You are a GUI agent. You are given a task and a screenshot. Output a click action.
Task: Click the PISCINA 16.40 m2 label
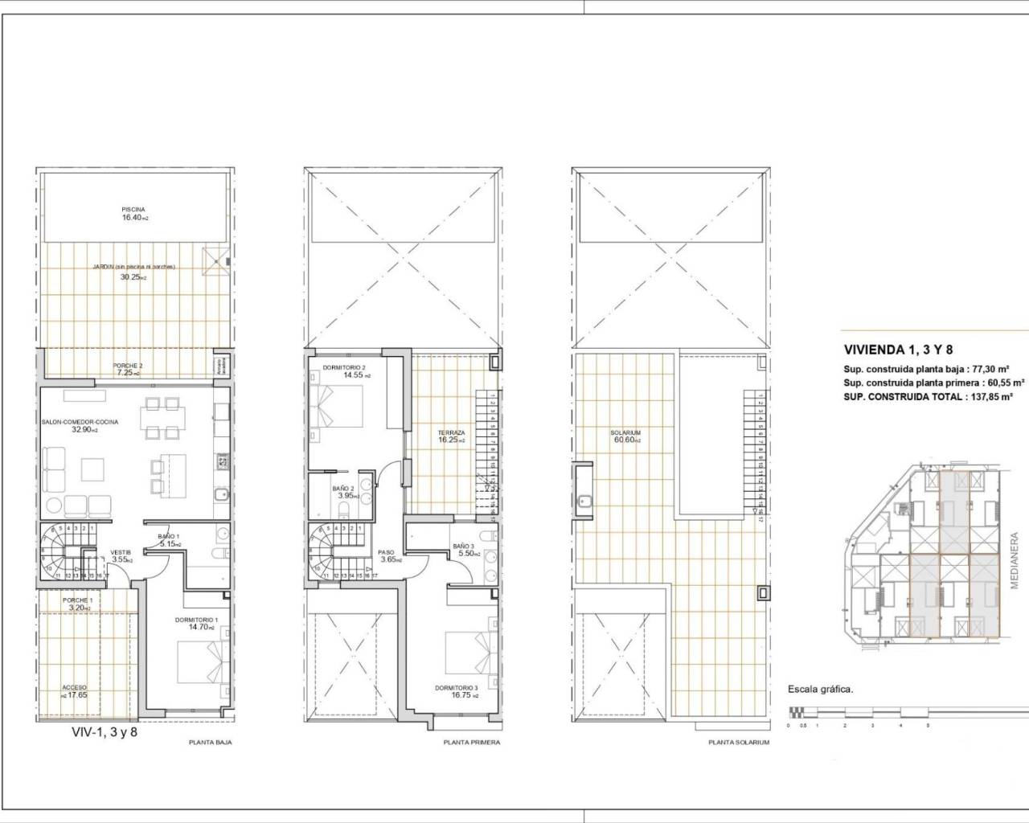(133, 213)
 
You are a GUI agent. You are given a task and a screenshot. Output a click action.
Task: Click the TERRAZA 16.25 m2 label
(451, 436)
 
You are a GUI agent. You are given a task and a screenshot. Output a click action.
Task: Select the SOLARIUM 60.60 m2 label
(625, 436)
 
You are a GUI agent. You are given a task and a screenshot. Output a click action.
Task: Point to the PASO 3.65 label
(386, 556)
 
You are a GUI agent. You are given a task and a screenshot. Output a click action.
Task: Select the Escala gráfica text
(820, 689)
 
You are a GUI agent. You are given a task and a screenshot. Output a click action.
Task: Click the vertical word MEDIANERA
(1015, 560)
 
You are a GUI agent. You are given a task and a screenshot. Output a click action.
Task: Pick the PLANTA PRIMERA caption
(472, 743)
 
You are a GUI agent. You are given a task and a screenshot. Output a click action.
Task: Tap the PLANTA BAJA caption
(210, 743)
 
